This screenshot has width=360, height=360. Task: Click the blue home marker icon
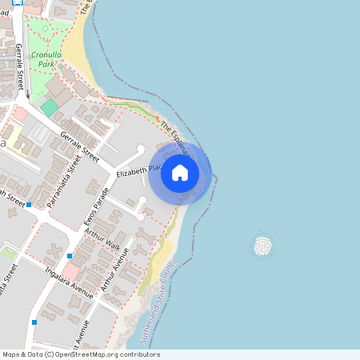[x=180, y=172]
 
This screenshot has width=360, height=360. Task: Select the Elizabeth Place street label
[x=140, y=171]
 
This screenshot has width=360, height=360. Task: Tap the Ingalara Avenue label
[x=70, y=282]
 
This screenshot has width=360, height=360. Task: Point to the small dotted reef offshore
[x=262, y=246]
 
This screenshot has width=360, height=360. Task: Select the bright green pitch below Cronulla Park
[x=50, y=107]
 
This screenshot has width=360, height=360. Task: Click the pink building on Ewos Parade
[x=71, y=272]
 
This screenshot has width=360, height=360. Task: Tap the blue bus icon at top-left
[x=29, y=2]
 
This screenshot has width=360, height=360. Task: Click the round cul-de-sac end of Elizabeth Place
[x=142, y=149]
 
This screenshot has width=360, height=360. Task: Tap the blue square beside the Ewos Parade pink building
[x=70, y=256]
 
